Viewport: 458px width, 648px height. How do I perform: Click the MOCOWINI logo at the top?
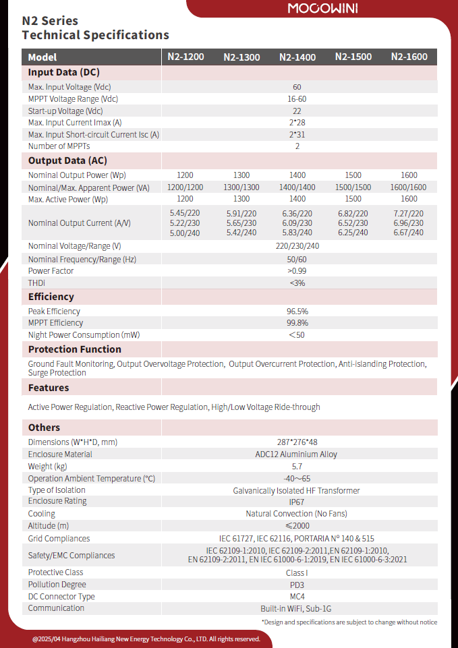(323, 9)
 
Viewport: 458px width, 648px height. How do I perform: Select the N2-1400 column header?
(297, 57)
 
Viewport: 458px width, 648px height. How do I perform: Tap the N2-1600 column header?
(409, 57)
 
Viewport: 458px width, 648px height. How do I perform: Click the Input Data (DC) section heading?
(64, 72)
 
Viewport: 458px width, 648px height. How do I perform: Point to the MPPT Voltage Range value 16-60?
(297, 99)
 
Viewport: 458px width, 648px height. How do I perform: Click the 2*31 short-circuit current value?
(297, 135)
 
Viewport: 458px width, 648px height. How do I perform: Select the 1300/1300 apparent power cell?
(241, 187)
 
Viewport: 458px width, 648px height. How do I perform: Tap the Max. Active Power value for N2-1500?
(353, 199)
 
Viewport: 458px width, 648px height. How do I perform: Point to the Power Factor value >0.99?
(297, 271)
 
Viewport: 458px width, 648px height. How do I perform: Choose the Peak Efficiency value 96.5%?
(297, 312)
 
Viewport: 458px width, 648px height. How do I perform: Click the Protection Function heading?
(74, 349)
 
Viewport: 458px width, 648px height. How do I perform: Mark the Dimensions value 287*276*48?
(297, 442)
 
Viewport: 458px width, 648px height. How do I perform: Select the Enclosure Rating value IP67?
(297, 502)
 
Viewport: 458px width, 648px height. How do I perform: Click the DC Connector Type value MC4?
(297, 597)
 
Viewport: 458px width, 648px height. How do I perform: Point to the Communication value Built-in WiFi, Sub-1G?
(297, 608)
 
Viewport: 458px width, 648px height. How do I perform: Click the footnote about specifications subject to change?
(349, 622)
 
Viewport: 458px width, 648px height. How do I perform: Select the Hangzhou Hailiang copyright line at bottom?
(146, 639)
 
